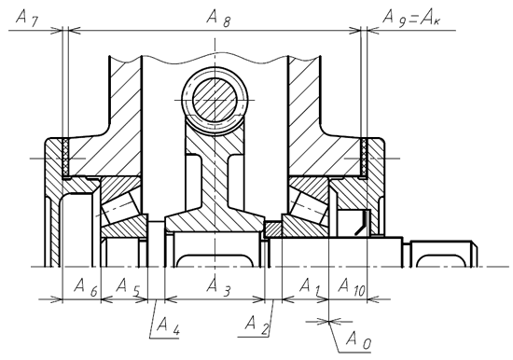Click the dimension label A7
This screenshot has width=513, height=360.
27,18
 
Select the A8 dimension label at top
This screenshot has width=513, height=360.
218,19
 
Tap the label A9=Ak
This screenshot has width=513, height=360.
412,18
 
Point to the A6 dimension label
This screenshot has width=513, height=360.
86,287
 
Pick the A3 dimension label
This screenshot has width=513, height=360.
218,287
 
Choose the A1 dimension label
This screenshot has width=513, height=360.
310,286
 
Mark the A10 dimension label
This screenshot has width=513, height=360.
352,287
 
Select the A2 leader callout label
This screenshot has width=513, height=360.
256,325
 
